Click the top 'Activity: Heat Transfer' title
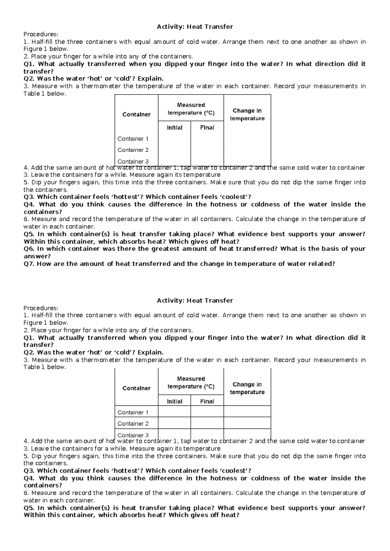[x=195, y=27]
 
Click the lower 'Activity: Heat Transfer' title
[x=195, y=301]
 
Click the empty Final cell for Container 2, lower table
[x=207, y=423]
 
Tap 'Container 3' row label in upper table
[x=133, y=161]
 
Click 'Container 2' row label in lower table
[x=133, y=424]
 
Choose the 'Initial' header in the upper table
[x=175, y=128]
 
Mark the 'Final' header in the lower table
[x=207, y=402]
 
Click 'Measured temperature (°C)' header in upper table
[x=191, y=109]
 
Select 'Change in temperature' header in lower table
[x=247, y=388]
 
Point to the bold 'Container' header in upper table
[x=136, y=114]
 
